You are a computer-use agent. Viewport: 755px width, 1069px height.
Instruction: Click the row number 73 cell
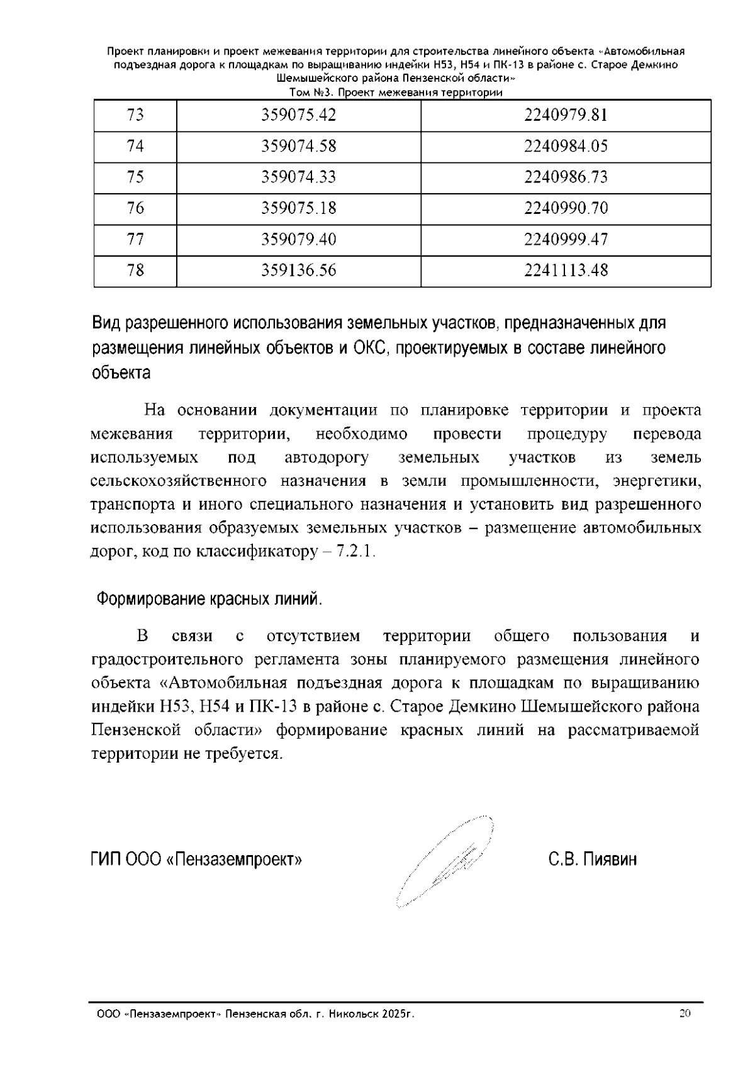pos(135,115)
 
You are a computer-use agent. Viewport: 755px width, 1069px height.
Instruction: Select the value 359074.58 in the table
pos(299,147)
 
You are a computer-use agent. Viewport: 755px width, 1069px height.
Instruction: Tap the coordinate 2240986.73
pos(566,177)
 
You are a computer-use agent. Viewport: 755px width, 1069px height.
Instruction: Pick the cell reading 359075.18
pos(299,208)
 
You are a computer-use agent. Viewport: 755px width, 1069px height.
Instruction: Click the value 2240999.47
pos(566,239)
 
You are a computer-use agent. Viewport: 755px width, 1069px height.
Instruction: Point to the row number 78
pos(135,271)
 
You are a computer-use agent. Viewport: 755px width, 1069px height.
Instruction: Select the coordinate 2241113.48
pos(566,271)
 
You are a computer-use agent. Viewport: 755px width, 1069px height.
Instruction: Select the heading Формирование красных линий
pos(209,599)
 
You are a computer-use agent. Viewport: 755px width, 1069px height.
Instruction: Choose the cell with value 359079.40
pos(299,239)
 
